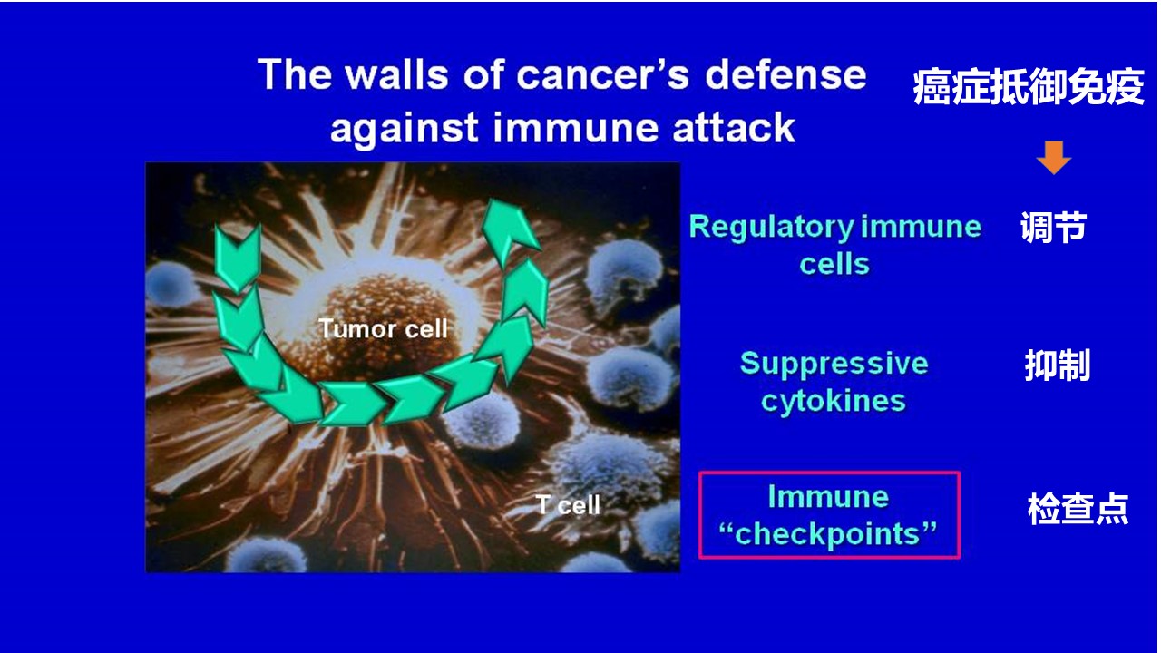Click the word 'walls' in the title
click(x=397, y=74)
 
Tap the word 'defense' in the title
click(x=785, y=74)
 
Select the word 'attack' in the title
click(x=734, y=128)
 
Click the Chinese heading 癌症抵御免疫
click(x=1029, y=86)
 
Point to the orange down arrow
click(x=1054, y=157)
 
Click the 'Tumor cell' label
click(x=383, y=328)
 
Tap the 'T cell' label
click(x=568, y=505)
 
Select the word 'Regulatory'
click(x=771, y=228)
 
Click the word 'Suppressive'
click(x=834, y=364)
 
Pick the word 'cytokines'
click(x=834, y=402)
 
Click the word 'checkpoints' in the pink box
click(x=828, y=535)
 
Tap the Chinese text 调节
click(x=1053, y=227)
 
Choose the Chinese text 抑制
click(x=1058, y=365)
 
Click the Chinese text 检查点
click(x=1078, y=509)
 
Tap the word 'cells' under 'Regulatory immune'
click(x=834, y=264)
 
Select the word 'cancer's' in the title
click(x=602, y=74)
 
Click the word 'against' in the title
click(x=405, y=129)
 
